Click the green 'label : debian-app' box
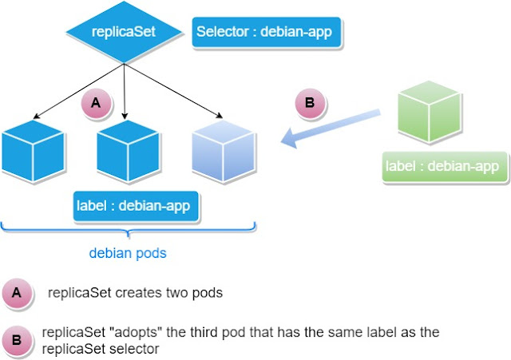(x=444, y=166)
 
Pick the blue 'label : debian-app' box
(x=133, y=206)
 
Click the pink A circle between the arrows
(x=96, y=105)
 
